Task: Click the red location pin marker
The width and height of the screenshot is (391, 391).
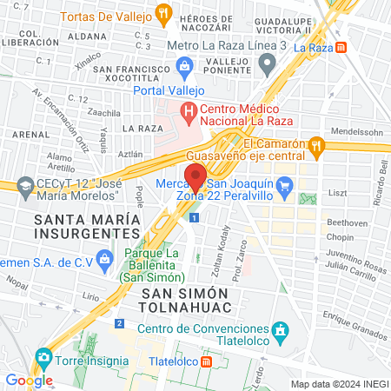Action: click(x=195, y=176)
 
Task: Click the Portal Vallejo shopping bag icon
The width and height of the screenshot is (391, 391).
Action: click(x=184, y=66)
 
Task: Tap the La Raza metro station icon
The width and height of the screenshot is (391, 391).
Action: click(x=342, y=47)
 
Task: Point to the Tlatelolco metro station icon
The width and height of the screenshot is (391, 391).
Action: click(x=205, y=361)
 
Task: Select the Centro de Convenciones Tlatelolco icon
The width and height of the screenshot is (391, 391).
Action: click(x=280, y=330)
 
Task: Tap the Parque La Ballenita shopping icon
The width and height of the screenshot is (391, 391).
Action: click(x=105, y=257)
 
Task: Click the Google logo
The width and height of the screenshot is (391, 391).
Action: click(x=29, y=380)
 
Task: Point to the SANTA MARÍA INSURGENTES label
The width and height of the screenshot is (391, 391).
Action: click(x=87, y=226)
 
